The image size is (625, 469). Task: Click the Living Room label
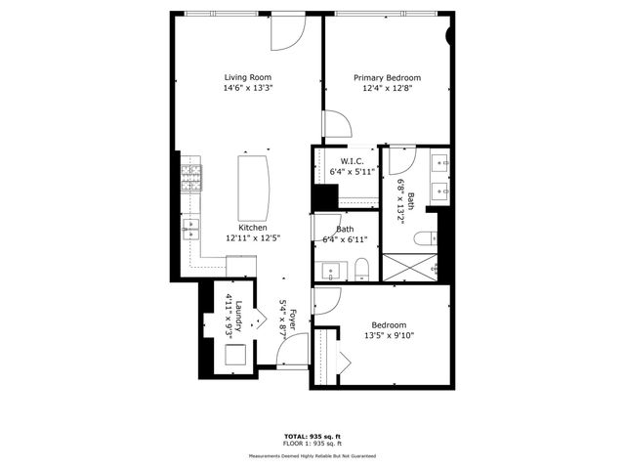[248, 77]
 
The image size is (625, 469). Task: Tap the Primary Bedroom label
[387, 78]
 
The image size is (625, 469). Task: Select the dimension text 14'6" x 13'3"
[248, 88]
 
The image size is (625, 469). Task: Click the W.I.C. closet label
[352, 161]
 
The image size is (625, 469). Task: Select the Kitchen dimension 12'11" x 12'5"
[246, 237]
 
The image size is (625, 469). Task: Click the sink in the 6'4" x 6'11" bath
[329, 271]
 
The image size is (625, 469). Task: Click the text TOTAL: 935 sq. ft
[312, 436]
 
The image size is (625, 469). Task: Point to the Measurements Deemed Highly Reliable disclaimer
[312, 455]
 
